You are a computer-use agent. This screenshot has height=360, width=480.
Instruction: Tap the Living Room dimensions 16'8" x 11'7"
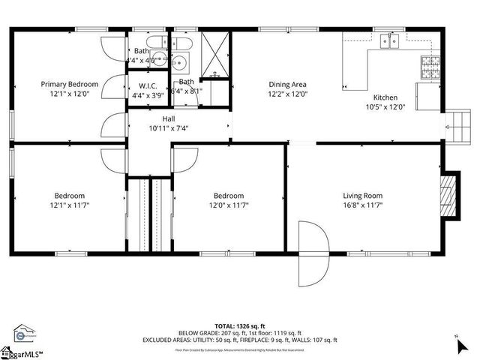pyautogui.click(x=363, y=205)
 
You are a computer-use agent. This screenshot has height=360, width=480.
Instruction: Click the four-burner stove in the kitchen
pyautogui.click(x=432, y=67)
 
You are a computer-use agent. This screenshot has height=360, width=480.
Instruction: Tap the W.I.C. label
pyautogui.click(x=141, y=85)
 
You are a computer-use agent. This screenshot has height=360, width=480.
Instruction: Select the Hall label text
pyautogui.click(x=169, y=118)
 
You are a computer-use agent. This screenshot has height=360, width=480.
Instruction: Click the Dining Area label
pyautogui.click(x=288, y=84)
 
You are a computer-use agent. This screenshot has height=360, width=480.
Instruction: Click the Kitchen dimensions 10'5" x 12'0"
pyautogui.click(x=385, y=106)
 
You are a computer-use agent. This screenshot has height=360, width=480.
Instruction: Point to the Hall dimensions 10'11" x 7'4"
pyautogui.click(x=169, y=128)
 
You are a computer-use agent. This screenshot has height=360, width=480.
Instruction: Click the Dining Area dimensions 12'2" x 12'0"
pyautogui.click(x=288, y=94)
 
